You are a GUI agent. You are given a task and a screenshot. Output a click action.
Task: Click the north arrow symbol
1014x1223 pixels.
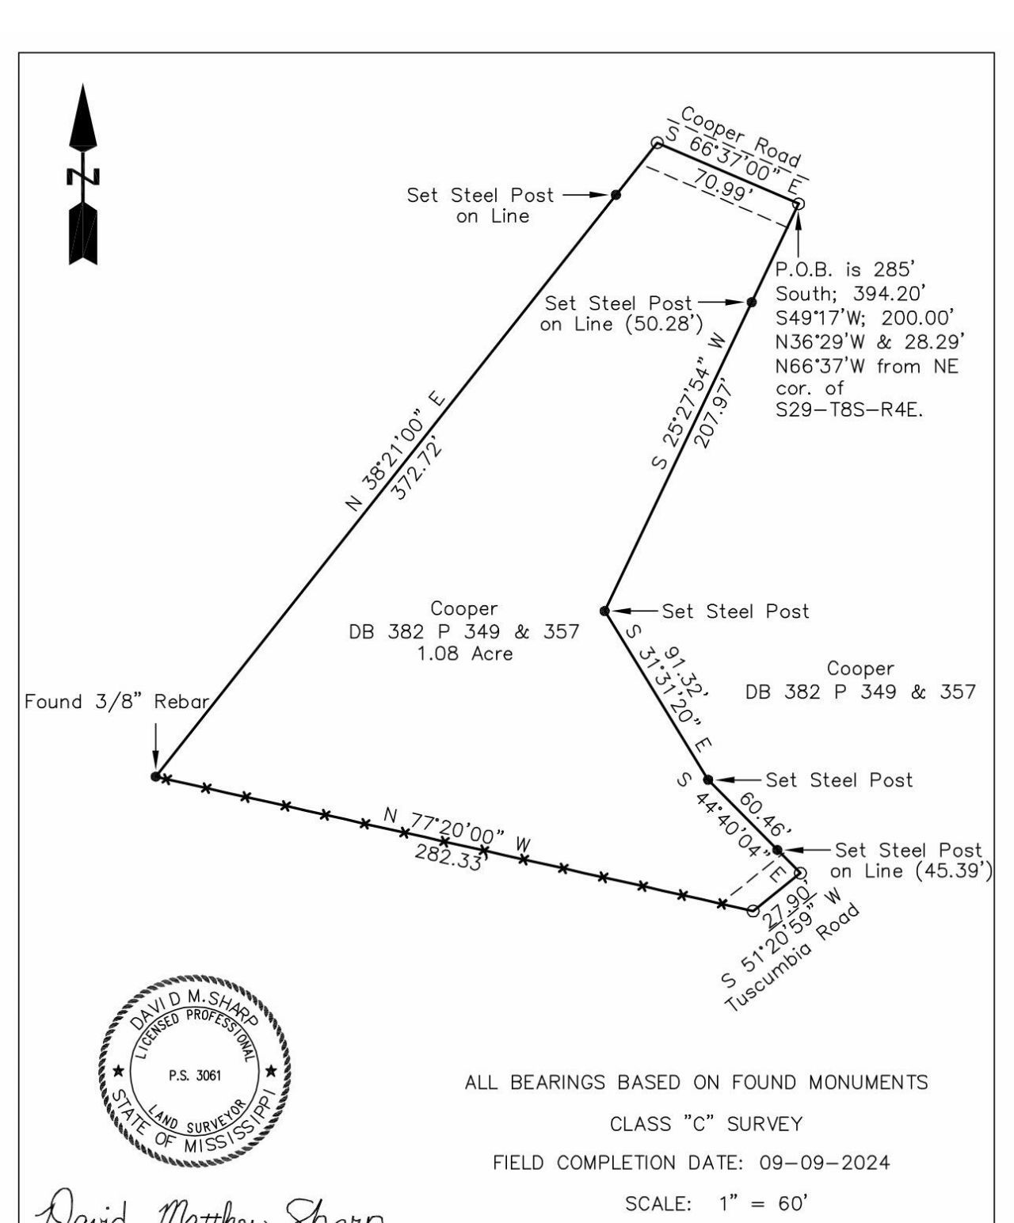point(83,176)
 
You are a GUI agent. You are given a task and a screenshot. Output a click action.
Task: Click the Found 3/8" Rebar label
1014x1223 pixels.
point(116,702)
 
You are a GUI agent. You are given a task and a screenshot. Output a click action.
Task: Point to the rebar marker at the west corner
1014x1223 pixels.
point(155,776)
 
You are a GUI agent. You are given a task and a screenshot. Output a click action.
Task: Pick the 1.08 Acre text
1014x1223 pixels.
point(464,654)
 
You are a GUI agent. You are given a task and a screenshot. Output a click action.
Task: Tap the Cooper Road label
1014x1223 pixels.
point(741,136)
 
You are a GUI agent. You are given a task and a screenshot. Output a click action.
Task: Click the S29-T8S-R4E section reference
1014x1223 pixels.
point(849,410)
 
